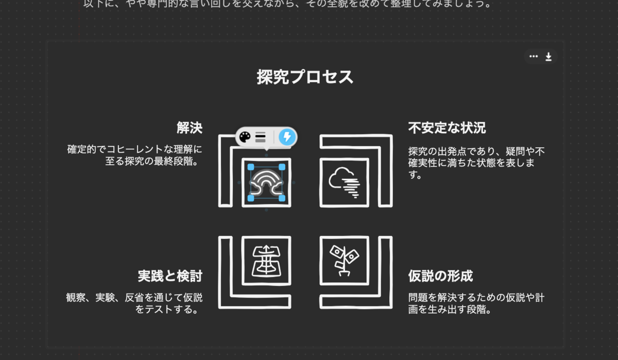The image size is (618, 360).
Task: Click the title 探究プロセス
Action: point(305,77)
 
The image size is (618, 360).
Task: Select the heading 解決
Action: point(189,127)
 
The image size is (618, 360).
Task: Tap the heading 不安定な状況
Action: point(447,127)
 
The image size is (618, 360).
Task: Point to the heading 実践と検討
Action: point(169,276)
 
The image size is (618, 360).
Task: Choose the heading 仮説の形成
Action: point(440,276)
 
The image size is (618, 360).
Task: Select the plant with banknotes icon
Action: point(344,260)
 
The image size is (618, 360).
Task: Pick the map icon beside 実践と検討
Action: point(266,260)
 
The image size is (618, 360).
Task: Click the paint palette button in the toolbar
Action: point(245,136)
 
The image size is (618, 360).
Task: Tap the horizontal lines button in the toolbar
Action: point(261,136)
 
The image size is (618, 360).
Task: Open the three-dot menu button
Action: point(534,57)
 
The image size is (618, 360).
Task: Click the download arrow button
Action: point(548,57)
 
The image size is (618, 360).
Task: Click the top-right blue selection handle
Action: point(282,167)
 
